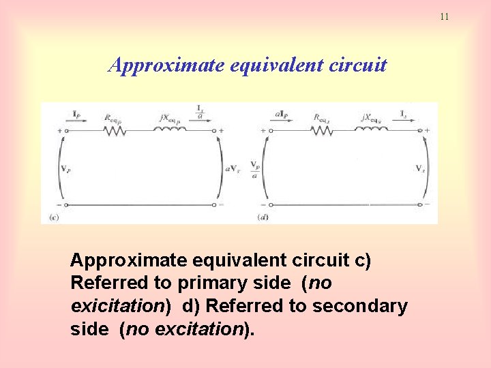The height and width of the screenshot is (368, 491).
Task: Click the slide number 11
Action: pyautogui.click(x=444, y=16)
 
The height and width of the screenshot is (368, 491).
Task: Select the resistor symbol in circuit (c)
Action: pyautogui.click(x=115, y=130)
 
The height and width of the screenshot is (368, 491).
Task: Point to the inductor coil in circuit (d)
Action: pyautogui.click(x=373, y=130)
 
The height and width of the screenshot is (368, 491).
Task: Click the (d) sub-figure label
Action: pyautogui.click(x=263, y=217)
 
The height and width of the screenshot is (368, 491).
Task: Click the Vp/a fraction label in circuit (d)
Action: pyautogui.click(x=255, y=168)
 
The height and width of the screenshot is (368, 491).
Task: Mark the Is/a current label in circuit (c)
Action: pyautogui.click(x=200, y=112)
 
